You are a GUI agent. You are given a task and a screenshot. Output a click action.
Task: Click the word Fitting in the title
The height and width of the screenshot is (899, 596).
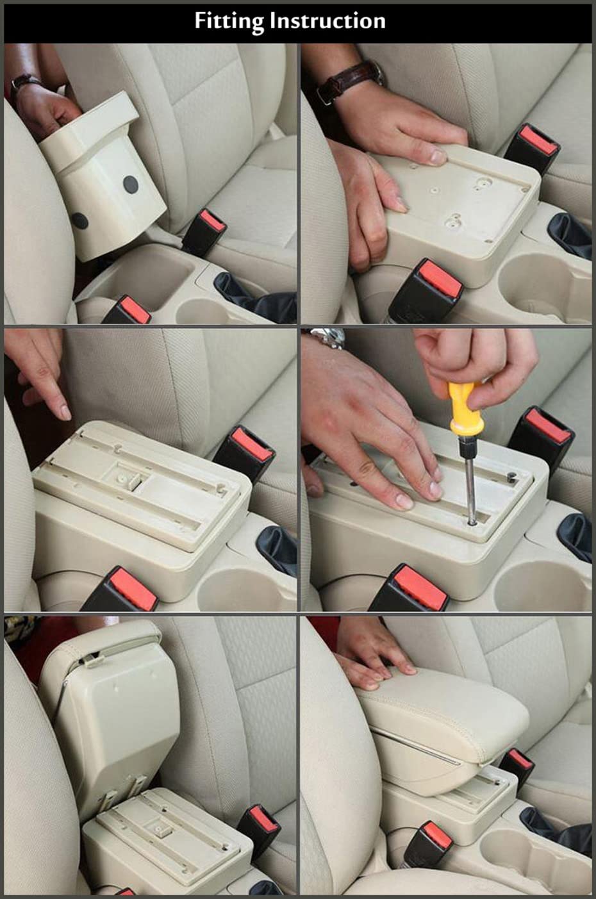pyautogui.click(x=229, y=22)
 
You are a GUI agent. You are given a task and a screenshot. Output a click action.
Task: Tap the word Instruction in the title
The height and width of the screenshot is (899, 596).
pyautogui.click(x=327, y=21)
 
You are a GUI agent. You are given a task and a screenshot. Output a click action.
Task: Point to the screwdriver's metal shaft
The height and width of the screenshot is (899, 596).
pyautogui.click(x=470, y=487)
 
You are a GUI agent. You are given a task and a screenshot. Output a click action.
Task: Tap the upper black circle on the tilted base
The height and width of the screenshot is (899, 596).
pyautogui.click(x=130, y=184)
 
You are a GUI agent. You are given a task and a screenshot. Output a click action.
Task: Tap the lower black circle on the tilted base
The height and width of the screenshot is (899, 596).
pyautogui.click(x=79, y=221)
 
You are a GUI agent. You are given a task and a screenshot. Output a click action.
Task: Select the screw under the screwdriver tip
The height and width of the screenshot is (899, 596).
pyautogui.click(x=472, y=522)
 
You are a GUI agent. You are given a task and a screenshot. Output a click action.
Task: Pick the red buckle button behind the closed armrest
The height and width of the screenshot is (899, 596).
pyautogui.click(x=520, y=761)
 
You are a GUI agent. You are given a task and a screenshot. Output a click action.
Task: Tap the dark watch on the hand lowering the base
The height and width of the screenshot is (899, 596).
pyautogui.click(x=24, y=82)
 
